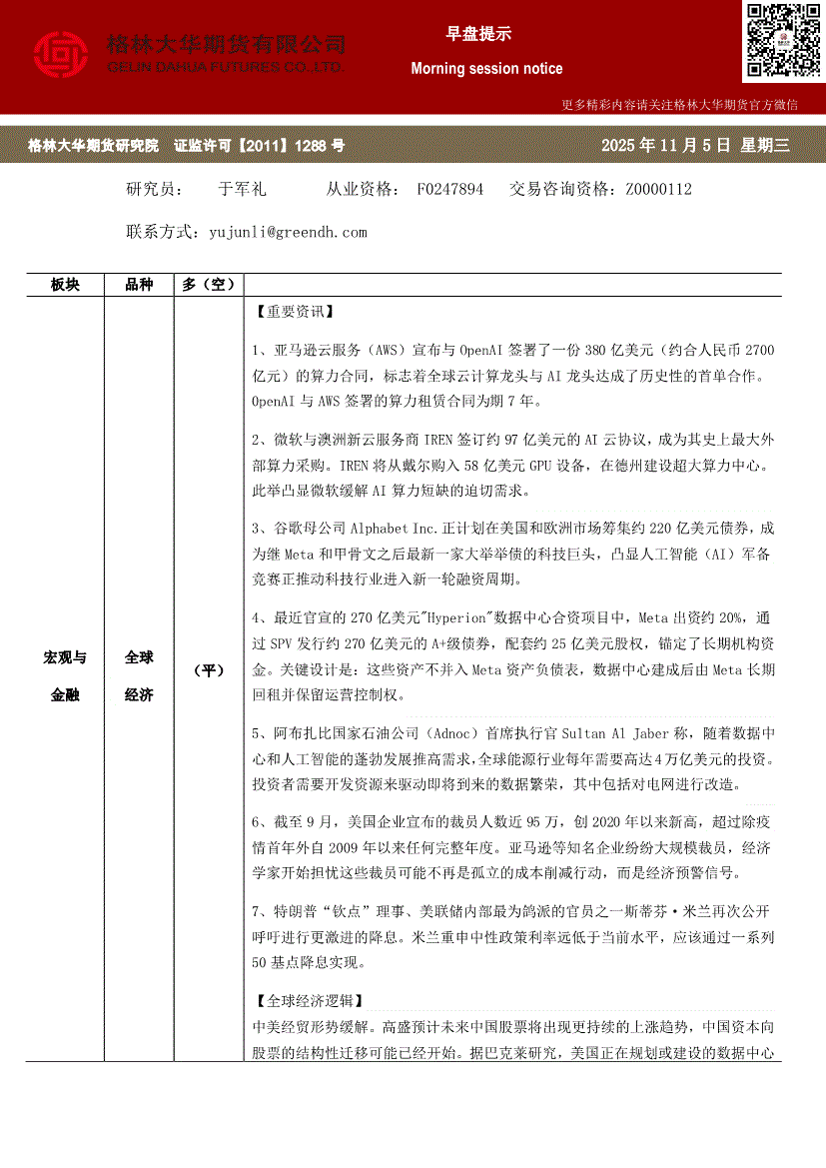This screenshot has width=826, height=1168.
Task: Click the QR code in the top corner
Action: pos(782,41)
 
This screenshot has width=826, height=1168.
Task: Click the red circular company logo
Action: pos(61,56)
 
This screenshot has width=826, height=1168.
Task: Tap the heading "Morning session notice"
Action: pos(486,69)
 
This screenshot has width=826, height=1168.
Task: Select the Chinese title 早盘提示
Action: pos(478,34)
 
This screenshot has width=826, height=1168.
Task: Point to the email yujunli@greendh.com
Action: pos(289,232)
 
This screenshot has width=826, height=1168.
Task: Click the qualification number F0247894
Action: pos(450,189)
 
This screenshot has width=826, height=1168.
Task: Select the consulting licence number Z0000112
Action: pos(658,189)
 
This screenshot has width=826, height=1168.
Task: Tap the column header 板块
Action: pos(65,285)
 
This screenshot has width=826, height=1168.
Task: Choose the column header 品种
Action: pos(139,285)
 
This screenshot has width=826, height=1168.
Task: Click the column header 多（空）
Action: pos(209,285)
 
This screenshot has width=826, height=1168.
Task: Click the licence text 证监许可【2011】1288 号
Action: pos(259,146)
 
